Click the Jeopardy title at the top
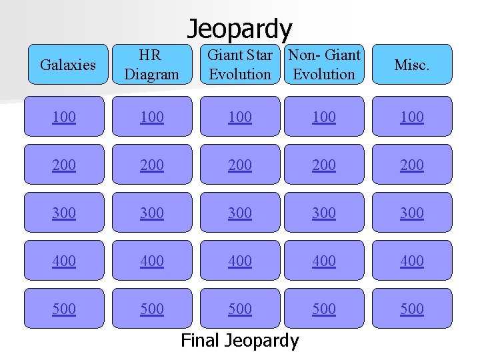[x=239, y=29]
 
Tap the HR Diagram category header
[x=151, y=65]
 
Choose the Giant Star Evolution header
[x=240, y=65]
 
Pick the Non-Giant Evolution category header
[x=324, y=65]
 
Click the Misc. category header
[x=411, y=65]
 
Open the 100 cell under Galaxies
[x=64, y=117]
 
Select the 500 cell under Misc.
[x=411, y=309]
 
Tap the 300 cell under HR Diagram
[x=151, y=213]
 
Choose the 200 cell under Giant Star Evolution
[x=240, y=165]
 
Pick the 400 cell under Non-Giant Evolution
[x=324, y=261]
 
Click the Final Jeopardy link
[x=240, y=341]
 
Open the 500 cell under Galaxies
[x=64, y=309]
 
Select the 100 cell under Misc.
[x=411, y=117]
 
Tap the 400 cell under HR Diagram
[x=151, y=261]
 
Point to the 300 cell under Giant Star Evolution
[x=240, y=213]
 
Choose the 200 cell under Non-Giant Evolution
[x=324, y=165]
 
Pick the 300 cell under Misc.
[x=411, y=213]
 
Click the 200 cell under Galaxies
[x=64, y=165]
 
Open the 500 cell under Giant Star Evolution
[x=240, y=309]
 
